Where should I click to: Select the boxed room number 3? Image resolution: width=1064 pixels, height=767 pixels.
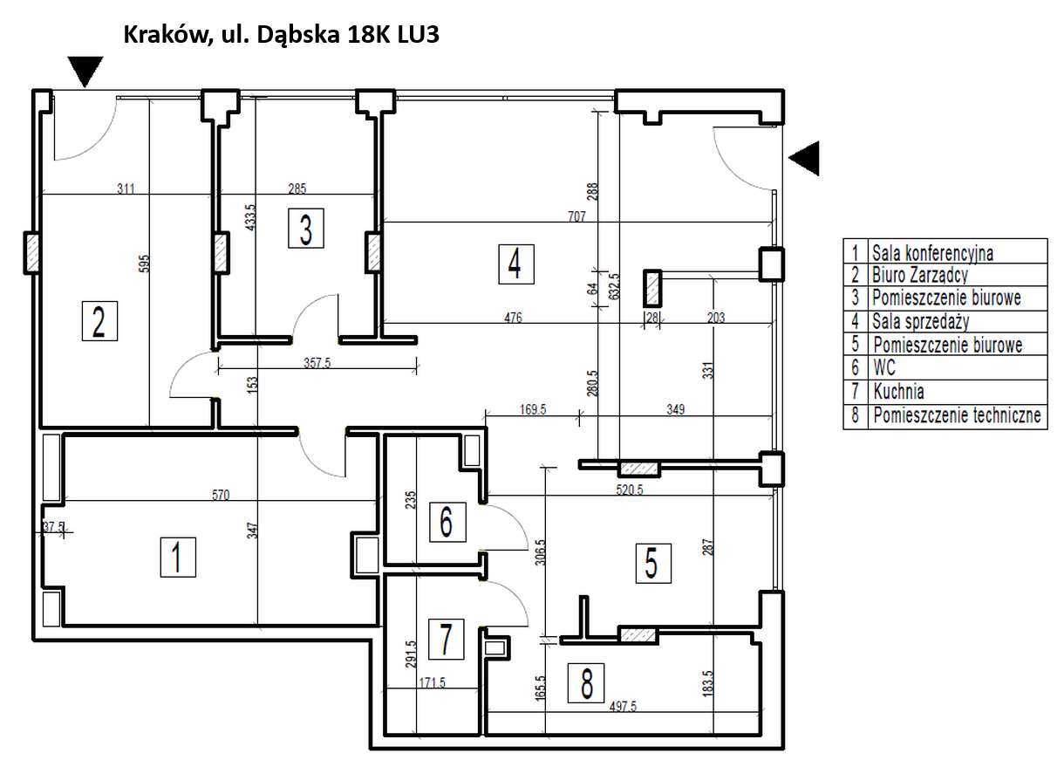click(x=305, y=229)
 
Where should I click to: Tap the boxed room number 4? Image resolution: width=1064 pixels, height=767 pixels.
click(x=515, y=263)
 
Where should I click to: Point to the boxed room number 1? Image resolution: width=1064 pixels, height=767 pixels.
click(x=178, y=556)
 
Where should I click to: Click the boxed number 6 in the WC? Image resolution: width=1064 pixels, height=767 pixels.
click(x=447, y=522)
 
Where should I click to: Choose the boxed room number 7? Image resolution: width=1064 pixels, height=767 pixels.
click(x=447, y=640)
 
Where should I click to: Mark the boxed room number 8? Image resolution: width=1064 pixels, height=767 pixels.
click(x=587, y=682)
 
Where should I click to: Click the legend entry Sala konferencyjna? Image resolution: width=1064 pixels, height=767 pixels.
click(x=932, y=253)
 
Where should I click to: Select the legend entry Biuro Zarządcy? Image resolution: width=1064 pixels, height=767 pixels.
click(x=920, y=276)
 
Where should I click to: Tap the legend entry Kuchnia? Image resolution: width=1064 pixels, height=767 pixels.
click(x=898, y=392)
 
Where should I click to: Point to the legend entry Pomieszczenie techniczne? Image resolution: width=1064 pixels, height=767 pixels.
click(x=957, y=415)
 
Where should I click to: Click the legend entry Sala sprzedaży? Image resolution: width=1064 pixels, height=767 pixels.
click(x=920, y=322)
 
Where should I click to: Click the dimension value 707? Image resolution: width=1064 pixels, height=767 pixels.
click(x=576, y=216)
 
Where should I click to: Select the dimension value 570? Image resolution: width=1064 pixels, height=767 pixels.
click(x=220, y=495)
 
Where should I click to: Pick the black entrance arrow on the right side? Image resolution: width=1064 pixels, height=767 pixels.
click(x=805, y=158)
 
